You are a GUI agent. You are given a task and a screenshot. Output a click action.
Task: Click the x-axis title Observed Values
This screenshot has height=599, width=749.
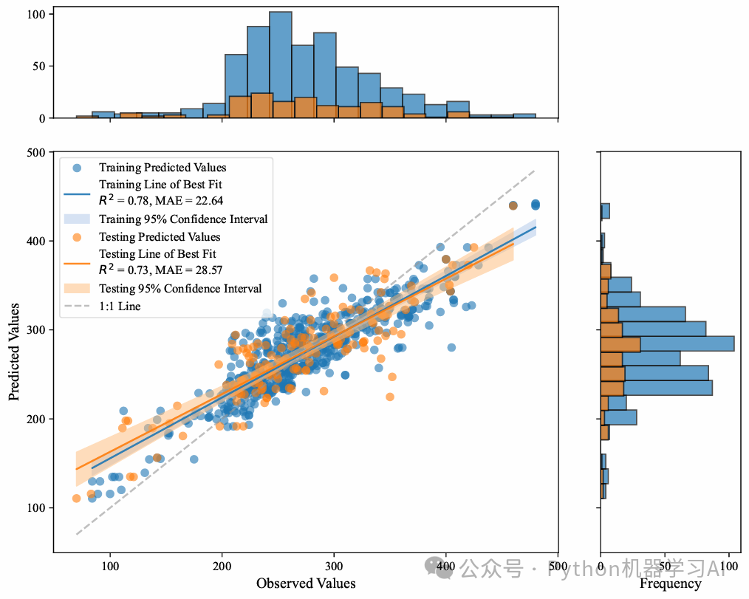click(306, 583)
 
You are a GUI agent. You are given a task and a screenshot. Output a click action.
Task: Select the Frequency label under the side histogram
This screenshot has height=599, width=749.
click(670, 583)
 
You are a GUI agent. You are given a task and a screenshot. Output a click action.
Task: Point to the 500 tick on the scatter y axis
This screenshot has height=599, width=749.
click(37, 152)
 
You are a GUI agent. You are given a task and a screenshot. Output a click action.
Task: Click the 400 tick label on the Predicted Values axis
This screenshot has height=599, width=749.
click(37, 242)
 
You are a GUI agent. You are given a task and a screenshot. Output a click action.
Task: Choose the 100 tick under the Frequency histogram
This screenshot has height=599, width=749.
click(730, 566)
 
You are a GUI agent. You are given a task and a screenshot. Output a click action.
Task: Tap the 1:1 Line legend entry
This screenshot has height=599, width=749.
click(120, 306)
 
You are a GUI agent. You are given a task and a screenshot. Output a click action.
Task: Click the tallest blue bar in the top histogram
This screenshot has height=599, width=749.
click(281, 65)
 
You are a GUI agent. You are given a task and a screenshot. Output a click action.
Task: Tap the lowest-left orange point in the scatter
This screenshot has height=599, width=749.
click(76, 499)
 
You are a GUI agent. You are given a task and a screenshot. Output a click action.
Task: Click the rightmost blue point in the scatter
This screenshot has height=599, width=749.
click(536, 205)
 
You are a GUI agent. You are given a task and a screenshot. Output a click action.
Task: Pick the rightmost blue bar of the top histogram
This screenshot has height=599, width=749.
click(524, 116)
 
